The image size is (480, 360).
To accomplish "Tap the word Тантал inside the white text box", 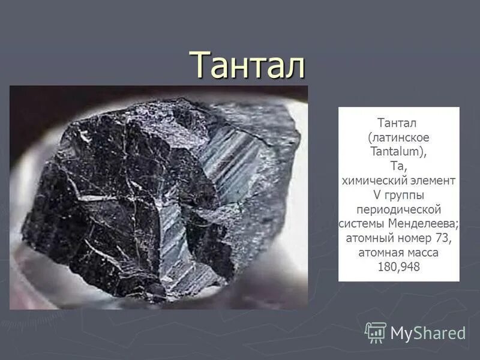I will tap(398, 123).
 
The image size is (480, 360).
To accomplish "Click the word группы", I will tap(406, 196).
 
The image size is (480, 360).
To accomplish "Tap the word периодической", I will tap(398, 209).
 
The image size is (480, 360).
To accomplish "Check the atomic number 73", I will tap(443, 238).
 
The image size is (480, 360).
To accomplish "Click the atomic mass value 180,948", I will tap(398, 267).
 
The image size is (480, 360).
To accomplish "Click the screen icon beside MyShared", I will tap(376, 332).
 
